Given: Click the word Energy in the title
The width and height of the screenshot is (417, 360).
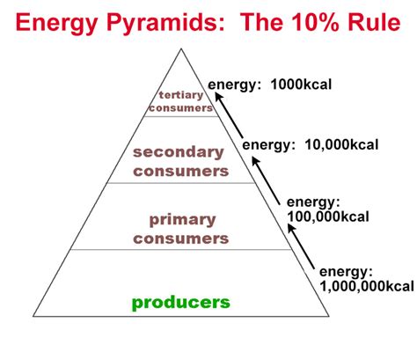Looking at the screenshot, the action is [x=56, y=24].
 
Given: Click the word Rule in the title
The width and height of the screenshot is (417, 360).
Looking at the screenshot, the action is [x=374, y=22].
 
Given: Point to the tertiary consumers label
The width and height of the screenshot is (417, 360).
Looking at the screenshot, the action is [x=181, y=101].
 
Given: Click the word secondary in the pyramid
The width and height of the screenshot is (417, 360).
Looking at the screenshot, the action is [x=179, y=152].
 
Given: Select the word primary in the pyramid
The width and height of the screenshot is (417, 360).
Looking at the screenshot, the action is [x=182, y=220].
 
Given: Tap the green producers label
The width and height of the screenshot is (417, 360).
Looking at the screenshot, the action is [x=181, y=303].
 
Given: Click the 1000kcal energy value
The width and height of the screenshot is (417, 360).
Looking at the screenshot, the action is [x=301, y=84].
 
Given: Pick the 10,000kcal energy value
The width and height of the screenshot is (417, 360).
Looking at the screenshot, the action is [x=341, y=144].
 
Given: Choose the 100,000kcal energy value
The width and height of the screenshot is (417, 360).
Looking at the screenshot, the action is [x=328, y=217].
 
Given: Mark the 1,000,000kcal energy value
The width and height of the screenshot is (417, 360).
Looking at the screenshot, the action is [x=367, y=286].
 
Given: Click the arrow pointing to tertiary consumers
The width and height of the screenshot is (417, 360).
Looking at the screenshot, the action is [x=229, y=115].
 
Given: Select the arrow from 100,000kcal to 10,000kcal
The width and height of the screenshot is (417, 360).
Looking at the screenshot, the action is [x=266, y=180].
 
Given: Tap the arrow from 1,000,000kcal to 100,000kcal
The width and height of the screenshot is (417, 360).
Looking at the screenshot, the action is [x=301, y=246].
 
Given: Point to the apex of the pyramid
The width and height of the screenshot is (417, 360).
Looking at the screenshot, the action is [x=181, y=48].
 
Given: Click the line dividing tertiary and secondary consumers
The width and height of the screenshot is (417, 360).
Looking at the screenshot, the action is [x=181, y=116].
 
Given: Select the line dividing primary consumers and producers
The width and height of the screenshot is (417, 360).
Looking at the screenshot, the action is [x=181, y=250].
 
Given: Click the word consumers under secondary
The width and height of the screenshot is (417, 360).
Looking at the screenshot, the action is [x=181, y=172].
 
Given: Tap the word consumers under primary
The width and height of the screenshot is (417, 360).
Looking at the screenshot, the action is [x=181, y=239].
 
